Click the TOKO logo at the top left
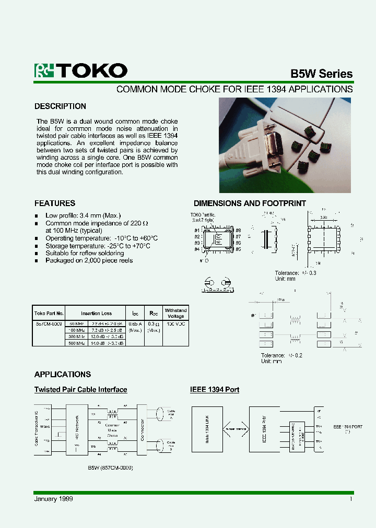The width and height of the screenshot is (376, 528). (80, 71)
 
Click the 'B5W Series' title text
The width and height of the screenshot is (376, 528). (321, 74)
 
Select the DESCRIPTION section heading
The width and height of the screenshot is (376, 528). (60, 106)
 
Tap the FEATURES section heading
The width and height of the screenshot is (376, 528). (55, 203)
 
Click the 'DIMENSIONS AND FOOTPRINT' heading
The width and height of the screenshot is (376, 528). (250, 203)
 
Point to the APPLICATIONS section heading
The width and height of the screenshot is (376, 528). (62, 375)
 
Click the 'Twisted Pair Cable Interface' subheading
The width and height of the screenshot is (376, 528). (80, 390)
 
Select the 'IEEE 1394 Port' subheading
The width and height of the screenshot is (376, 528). (214, 390)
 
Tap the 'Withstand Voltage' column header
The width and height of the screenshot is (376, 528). (175, 313)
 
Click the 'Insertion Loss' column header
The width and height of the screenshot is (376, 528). (96, 314)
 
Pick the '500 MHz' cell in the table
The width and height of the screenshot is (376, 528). (77, 343)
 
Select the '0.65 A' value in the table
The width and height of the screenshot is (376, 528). (135, 324)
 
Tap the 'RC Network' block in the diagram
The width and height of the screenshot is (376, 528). (77, 428)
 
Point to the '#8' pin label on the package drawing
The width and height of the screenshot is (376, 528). (238, 231)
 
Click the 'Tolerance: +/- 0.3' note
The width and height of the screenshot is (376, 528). (296, 273)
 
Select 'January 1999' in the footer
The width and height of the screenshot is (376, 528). (54, 499)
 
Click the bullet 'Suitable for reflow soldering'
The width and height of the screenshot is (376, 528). (85, 253)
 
